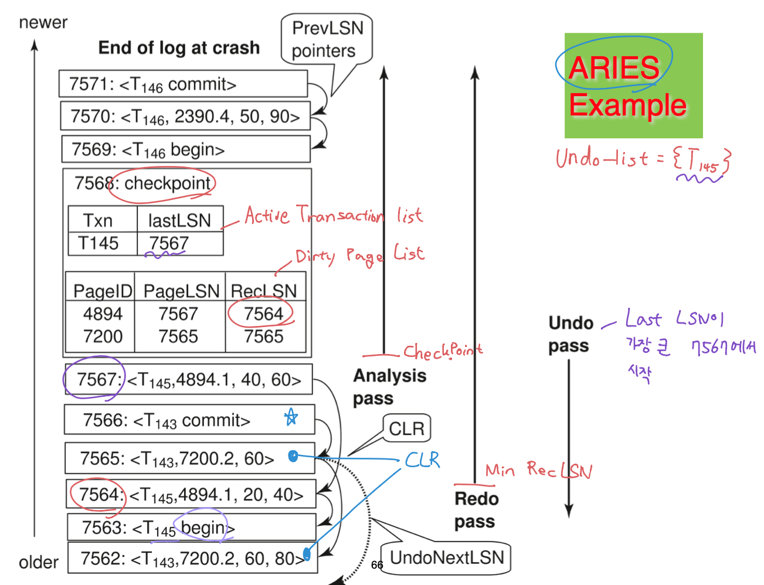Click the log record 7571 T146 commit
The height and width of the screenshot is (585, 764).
[183, 84]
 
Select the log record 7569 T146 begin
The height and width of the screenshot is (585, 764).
[185, 149]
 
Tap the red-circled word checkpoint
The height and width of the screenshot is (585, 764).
[167, 183]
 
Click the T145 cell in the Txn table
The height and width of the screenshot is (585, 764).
[99, 243]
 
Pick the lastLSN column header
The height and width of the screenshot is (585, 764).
[179, 220]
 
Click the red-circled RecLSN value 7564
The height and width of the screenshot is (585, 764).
[263, 314]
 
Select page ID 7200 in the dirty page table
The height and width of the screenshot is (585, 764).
[103, 336]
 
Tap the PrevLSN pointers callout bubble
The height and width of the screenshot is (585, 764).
[327, 39]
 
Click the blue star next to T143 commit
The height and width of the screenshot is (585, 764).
[291, 417]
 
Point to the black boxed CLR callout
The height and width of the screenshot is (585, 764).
[406, 428]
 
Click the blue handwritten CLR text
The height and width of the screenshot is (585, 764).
[422, 460]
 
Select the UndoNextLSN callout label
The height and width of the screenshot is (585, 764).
[446, 557]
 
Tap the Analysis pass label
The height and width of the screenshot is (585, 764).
[389, 386]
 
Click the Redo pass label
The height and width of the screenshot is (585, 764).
[476, 510]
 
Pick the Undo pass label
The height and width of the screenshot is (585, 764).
[570, 334]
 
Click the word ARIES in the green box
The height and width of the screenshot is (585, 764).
[614, 68]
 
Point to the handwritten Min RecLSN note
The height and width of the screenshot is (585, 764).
[538, 470]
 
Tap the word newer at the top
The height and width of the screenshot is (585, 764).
[43, 23]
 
